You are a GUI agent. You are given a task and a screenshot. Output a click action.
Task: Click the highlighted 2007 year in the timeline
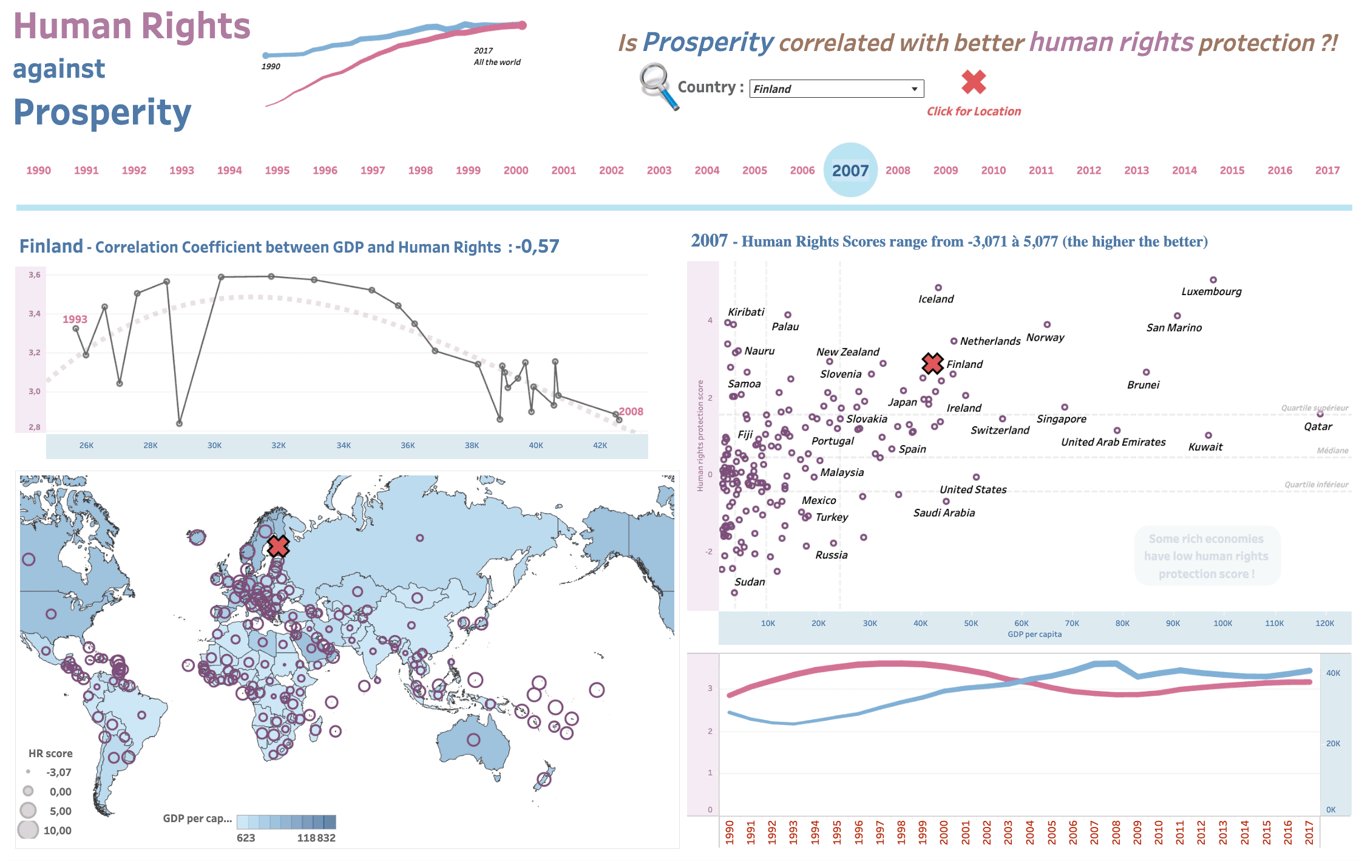[x=850, y=171]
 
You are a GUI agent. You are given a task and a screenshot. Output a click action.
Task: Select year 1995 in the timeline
[x=277, y=171]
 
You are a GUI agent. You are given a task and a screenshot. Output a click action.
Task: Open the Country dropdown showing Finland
[x=836, y=89]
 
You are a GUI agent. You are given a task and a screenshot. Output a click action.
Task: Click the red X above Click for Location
[x=974, y=82]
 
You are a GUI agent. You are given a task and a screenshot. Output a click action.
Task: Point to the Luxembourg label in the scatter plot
[x=1211, y=291]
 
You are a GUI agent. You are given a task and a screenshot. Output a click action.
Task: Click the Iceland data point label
[x=935, y=299]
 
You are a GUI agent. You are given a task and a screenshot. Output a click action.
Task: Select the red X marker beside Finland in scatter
[x=932, y=363]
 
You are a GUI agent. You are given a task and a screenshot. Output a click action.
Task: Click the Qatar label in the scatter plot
[x=1318, y=426]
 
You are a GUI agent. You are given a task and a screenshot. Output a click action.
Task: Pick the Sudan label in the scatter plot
[x=750, y=582]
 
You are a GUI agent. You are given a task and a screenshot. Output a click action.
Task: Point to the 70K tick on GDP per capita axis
[x=1072, y=623]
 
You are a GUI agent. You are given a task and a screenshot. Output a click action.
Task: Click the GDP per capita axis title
[x=1034, y=635]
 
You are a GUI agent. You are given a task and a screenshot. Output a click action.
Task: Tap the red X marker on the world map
[x=278, y=546]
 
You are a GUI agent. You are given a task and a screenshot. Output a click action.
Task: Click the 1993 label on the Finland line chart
[x=75, y=319]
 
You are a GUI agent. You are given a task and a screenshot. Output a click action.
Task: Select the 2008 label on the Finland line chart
[x=631, y=411]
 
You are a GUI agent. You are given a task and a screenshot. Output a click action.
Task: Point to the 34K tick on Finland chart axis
[x=344, y=445]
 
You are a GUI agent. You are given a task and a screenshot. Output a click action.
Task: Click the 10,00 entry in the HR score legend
[x=57, y=830]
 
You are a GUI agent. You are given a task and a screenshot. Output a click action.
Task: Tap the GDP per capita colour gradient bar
[x=286, y=822]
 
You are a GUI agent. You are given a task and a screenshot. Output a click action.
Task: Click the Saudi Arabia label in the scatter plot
[x=944, y=513]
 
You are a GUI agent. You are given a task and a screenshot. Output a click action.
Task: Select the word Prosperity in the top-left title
[x=102, y=113]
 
